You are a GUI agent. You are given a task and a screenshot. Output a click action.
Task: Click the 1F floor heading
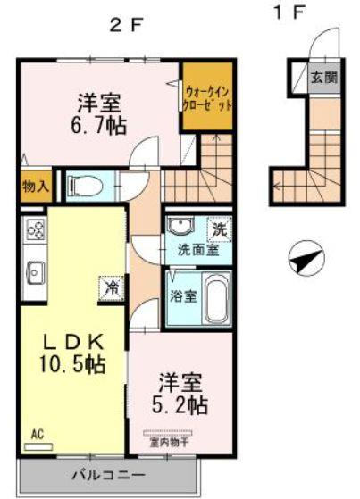[x=290, y=12]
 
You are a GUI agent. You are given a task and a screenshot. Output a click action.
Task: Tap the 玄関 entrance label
[x=323, y=78]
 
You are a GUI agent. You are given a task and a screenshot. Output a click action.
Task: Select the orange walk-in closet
[x=209, y=96]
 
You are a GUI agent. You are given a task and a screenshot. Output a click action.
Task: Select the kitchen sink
[x=36, y=269]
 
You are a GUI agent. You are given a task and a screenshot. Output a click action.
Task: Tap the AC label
[x=38, y=435]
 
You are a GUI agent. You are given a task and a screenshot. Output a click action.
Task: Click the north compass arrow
[x=305, y=260]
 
